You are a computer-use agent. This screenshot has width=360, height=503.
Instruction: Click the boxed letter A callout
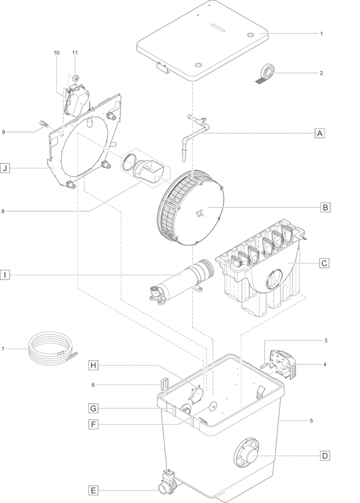click(319, 133)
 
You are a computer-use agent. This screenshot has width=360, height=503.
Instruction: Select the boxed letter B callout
click(325, 207)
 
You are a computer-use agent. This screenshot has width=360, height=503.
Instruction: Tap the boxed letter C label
click(325, 263)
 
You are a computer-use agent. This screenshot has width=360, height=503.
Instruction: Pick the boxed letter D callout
click(325, 456)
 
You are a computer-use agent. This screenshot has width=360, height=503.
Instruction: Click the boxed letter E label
click(93, 491)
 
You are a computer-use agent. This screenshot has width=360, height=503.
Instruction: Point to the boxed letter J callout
click(5, 168)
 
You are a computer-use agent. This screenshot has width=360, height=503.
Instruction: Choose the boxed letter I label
click(5, 275)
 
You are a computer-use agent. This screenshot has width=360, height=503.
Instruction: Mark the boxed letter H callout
click(93, 365)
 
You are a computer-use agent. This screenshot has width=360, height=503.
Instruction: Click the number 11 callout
click(75, 52)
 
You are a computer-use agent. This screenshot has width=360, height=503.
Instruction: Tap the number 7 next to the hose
click(3, 349)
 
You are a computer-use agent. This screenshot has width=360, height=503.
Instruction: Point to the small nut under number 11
click(76, 77)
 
